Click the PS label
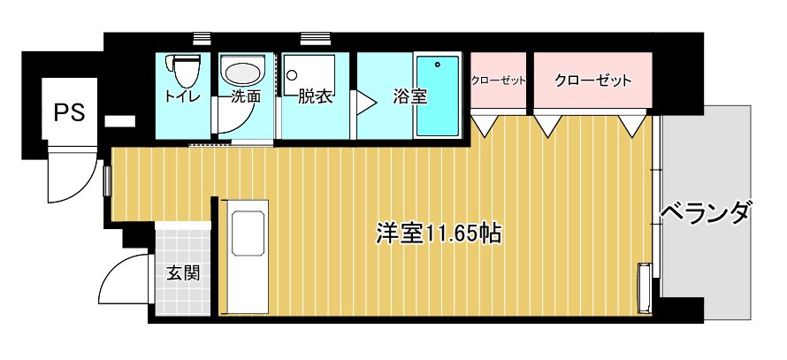[69, 112]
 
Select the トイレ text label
[183, 96]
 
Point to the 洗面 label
[246, 96]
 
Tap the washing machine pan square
[309, 74]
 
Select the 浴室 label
[410, 97]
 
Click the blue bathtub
[438, 96]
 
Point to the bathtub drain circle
[438, 65]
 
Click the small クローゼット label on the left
[499, 80]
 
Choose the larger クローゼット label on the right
[592, 80]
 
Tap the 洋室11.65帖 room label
[439, 234]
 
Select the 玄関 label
[183, 273]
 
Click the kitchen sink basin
[248, 234]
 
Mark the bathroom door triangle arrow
[366, 103]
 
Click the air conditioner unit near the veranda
[644, 287]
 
